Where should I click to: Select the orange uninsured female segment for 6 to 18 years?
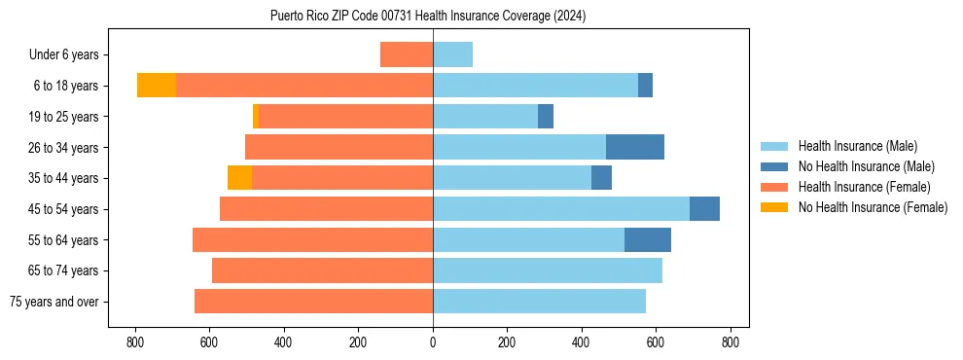point(156,86)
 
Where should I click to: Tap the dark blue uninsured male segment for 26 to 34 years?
point(634,147)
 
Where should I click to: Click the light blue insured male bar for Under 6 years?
point(452,54)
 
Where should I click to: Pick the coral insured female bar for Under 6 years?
point(406,54)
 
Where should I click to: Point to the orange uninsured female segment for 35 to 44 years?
point(239,178)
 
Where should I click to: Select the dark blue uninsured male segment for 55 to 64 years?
point(647,239)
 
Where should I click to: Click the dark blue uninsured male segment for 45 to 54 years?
point(704,208)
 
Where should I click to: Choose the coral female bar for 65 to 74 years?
point(322,270)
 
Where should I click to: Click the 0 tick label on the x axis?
point(433,342)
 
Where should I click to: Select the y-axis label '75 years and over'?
point(53,302)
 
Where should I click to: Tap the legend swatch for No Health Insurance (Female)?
point(774,207)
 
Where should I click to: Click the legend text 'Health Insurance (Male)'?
point(857,146)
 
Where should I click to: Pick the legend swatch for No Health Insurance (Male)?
point(774,166)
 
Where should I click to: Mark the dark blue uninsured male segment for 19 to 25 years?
point(546,117)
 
